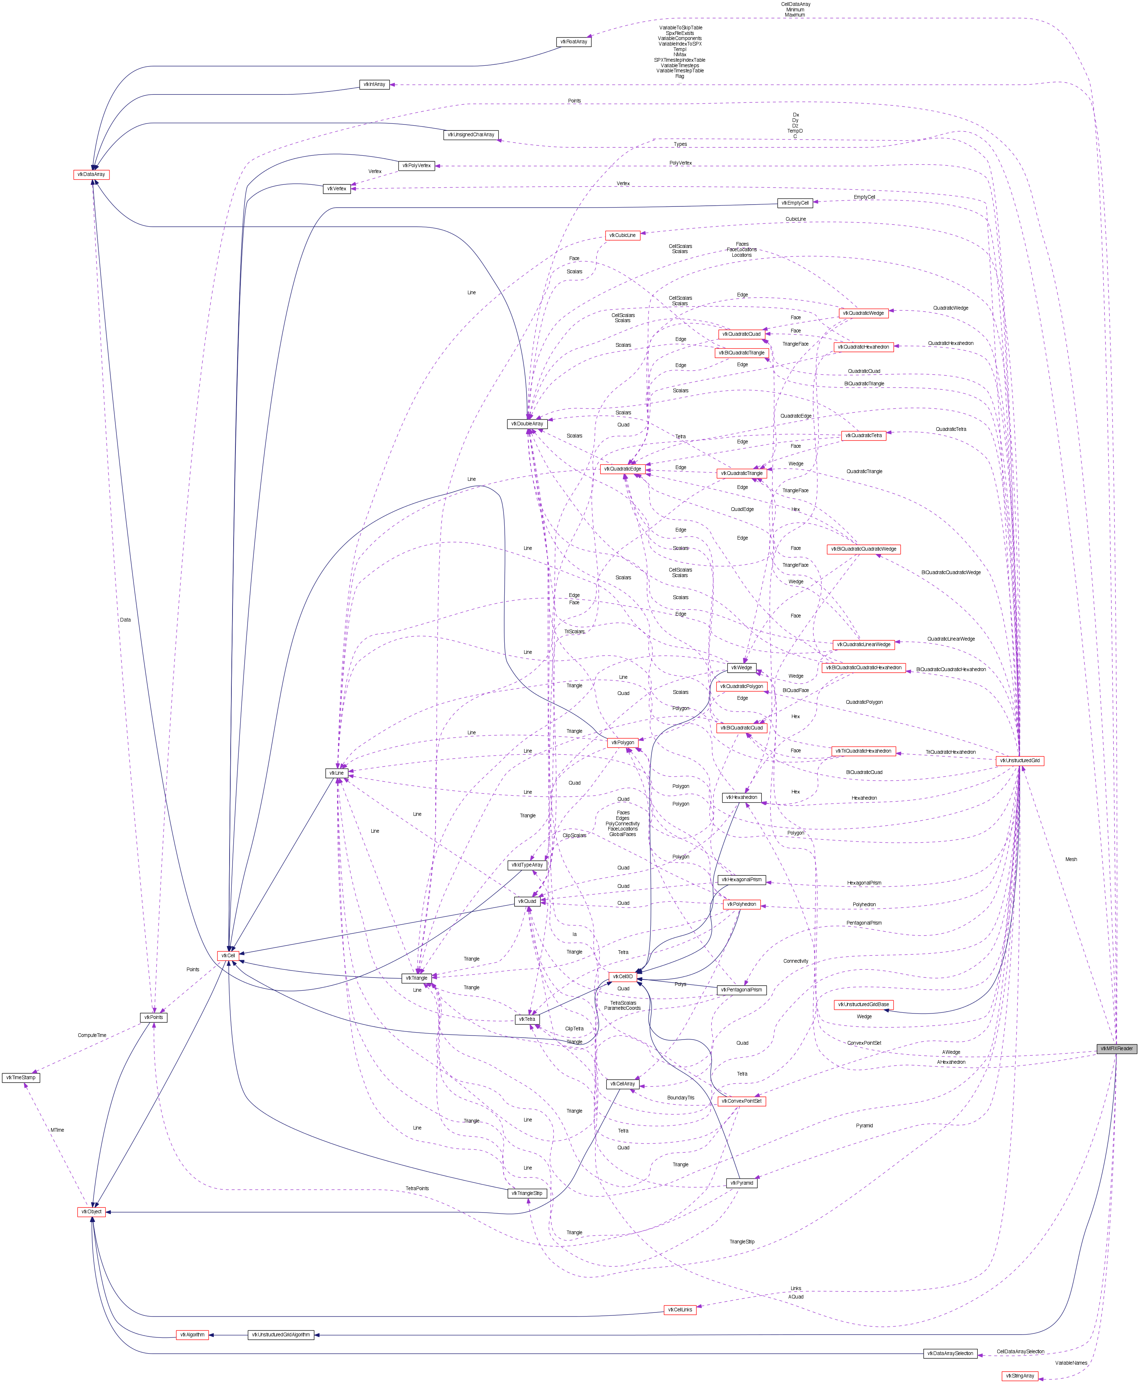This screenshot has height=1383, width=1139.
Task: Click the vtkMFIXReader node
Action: point(1117,1048)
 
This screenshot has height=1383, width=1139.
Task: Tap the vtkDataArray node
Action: point(91,174)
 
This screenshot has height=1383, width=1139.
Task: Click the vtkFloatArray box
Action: point(573,42)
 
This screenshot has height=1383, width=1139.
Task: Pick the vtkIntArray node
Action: point(374,84)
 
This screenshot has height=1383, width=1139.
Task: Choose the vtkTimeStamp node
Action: point(21,1078)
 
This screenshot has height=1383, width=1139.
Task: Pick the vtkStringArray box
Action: point(1020,1376)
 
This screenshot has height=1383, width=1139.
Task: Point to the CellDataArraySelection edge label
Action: point(1020,1351)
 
